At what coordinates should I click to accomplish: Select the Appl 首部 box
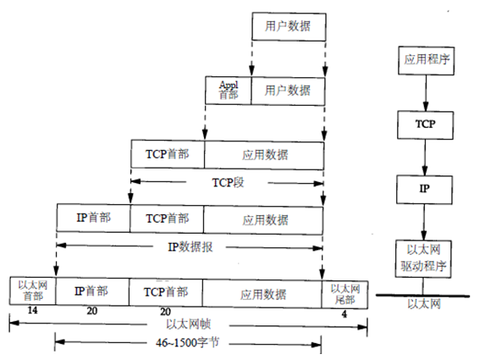pyautogui.click(x=229, y=89)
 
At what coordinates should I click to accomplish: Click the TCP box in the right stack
pyautogui.click(x=425, y=124)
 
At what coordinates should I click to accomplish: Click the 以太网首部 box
pyautogui.click(x=31, y=291)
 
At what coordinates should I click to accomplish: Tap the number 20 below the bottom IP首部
pyautogui.click(x=91, y=312)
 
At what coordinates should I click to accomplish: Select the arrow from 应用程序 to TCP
pyautogui.click(x=425, y=93)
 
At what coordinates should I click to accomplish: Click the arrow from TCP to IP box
pyautogui.click(x=425, y=156)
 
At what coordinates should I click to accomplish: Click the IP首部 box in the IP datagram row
pyautogui.click(x=93, y=218)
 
